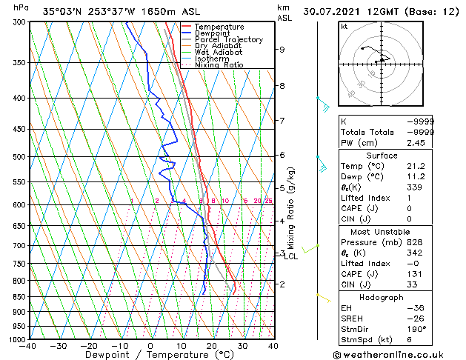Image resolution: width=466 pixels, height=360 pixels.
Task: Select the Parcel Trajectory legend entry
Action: (228, 40)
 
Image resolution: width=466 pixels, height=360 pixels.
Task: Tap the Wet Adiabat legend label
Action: (219, 53)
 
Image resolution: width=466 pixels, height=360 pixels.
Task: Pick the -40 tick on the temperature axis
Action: (29, 346)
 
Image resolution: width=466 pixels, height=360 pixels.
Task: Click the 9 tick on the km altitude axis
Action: (282, 50)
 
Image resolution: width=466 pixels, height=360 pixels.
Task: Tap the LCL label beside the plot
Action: (291, 257)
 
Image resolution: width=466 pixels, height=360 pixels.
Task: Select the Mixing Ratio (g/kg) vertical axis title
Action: (290, 208)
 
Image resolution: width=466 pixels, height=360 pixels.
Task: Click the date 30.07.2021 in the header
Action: (328, 11)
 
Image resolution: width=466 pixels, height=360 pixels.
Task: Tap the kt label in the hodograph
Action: (344, 26)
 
